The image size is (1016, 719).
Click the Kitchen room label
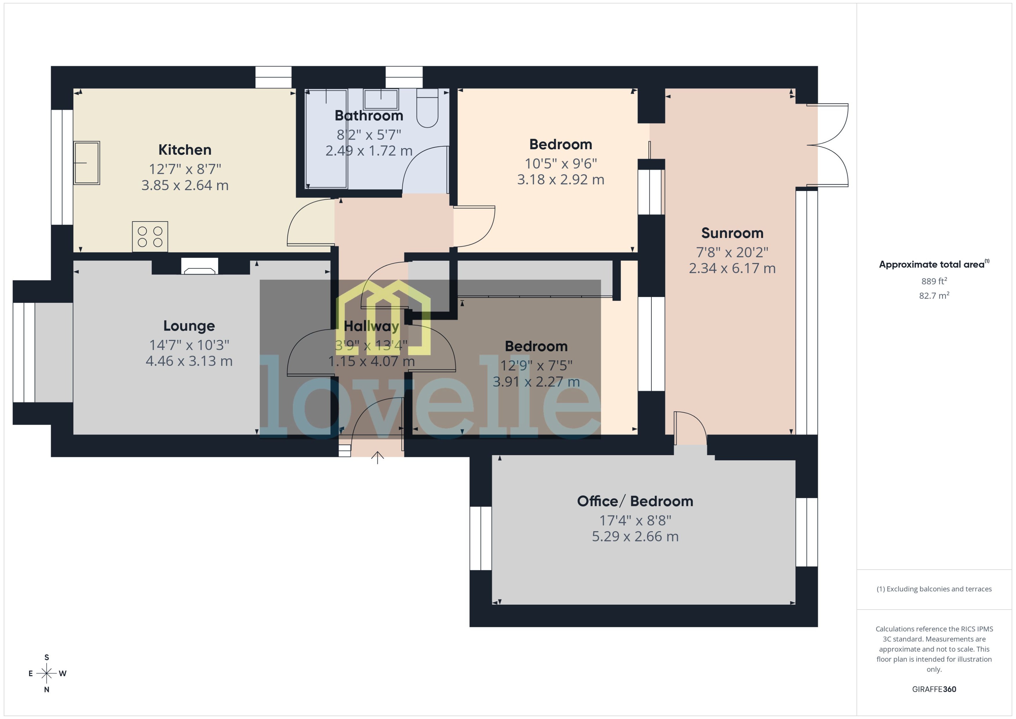[x=185, y=150]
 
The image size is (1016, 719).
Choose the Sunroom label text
[x=732, y=233]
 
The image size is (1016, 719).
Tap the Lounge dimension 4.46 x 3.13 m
[x=189, y=361]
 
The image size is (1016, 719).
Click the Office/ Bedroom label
[x=635, y=501]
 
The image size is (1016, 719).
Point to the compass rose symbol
[x=46, y=673]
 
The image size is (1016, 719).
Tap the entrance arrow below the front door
[x=377, y=457]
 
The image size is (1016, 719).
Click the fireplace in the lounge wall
[x=200, y=266]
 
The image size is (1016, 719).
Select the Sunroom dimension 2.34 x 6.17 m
[x=732, y=268]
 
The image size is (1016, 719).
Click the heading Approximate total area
[x=932, y=264]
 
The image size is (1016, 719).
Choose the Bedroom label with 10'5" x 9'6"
[x=561, y=144]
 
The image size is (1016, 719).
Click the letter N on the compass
[x=46, y=690]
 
